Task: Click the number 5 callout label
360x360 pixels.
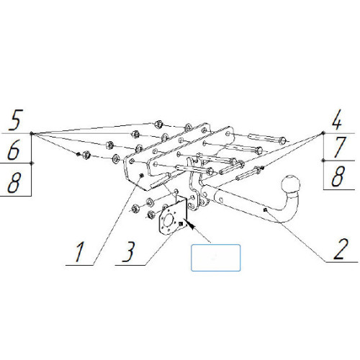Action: (x=16, y=120)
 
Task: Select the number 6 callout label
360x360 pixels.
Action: (x=14, y=149)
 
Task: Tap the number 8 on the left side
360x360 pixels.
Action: (x=14, y=182)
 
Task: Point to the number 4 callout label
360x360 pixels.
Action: (x=336, y=120)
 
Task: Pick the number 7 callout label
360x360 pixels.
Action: (x=339, y=147)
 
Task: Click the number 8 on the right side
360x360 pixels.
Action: (x=338, y=176)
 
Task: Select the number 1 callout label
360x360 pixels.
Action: (x=79, y=252)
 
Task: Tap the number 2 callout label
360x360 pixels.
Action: (x=341, y=249)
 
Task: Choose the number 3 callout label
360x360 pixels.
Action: (x=128, y=251)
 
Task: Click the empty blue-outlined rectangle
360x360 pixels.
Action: (x=215, y=258)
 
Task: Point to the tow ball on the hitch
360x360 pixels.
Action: (x=290, y=184)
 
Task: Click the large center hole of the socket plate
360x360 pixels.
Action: (x=170, y=220)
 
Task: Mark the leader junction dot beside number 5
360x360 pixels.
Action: (x=31, y=133)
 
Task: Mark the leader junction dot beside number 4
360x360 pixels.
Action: (x=323, y=132)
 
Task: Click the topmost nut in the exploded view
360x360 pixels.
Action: (x=158, y=124)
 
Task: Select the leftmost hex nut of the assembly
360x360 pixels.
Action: (x=86, y=155)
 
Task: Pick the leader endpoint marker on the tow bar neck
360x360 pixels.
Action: (x=265, y=210)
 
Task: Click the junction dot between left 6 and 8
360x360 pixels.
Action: (x=32, y=163)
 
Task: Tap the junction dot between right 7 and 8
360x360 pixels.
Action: (x=323, y=161)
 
